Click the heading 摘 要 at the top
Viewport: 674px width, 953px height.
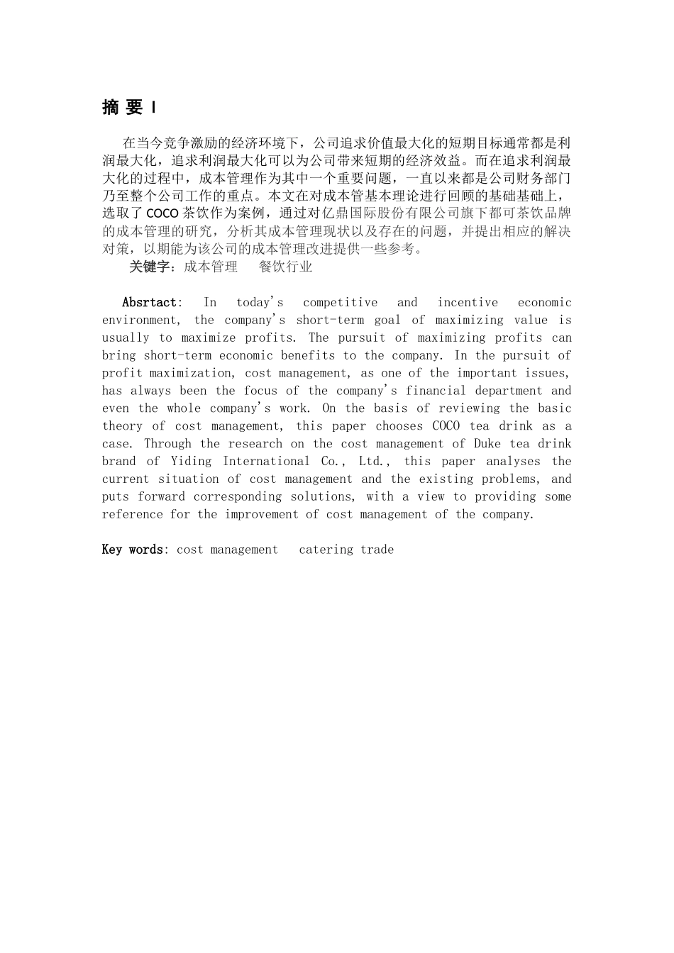(x=123, y=107)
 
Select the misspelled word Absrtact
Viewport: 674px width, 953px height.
(x=149, y=302)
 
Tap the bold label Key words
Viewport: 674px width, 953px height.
(x=133, y=550)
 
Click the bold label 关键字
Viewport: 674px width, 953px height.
(x=151, y=267)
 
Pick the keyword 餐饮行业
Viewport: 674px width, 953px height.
(x=285, y=267)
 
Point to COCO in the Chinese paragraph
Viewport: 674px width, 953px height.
(x=162, y=213)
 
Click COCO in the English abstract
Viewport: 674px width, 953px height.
(x=446, y=426)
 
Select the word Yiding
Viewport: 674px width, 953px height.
(x=191, y=462)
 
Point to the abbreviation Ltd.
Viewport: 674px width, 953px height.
(x=373, y=462)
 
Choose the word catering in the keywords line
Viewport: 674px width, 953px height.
(x=326, y=550)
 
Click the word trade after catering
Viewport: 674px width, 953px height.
(x=377, y=550)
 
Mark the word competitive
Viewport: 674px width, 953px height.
(x=340, y=302)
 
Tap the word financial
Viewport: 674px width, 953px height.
(x=436, y=391)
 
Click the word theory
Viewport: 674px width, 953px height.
(x=122, y=426)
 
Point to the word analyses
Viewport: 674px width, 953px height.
(x=513, y=462)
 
